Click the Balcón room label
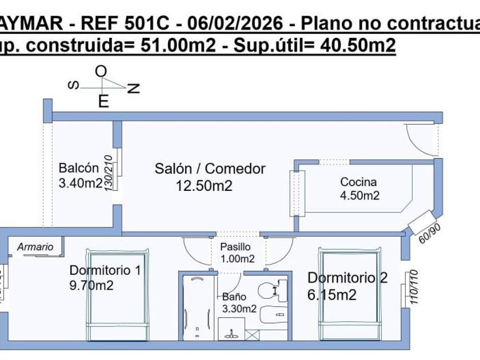[79, 168]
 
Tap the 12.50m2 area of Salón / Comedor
[204, 186]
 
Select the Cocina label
[358, 182]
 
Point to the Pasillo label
[235, 247]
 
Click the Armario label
[35, 247]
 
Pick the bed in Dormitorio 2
[350, 294]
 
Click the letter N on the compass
[134, 88]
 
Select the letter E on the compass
[103, 102]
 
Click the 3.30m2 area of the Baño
[239, 309]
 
